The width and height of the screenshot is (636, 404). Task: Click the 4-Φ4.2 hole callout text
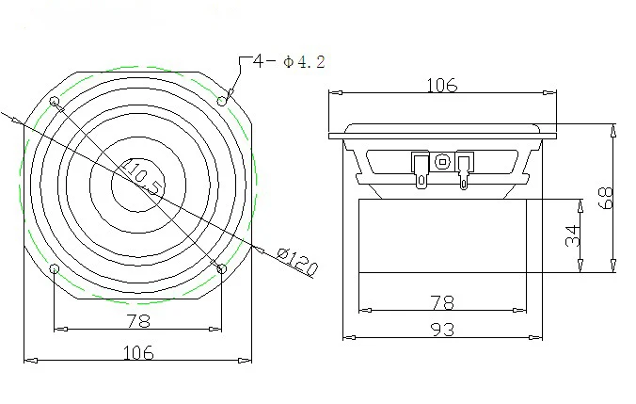click(289, 62)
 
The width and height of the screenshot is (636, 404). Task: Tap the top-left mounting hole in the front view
click(54, 101)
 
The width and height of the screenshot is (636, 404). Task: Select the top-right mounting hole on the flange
click(222, 101)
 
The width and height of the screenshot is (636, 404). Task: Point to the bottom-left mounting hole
click(54, 268)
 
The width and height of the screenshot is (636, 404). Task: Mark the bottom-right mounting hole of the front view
click(221, 268)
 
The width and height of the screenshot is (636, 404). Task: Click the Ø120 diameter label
click(297, 261)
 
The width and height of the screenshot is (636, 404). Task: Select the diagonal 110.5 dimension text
click(143, 177)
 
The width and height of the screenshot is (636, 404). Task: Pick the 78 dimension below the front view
click(138, 321)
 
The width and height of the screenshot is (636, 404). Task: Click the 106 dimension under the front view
click(138, 352)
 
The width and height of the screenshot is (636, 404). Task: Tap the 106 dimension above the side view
click(441, 86)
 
